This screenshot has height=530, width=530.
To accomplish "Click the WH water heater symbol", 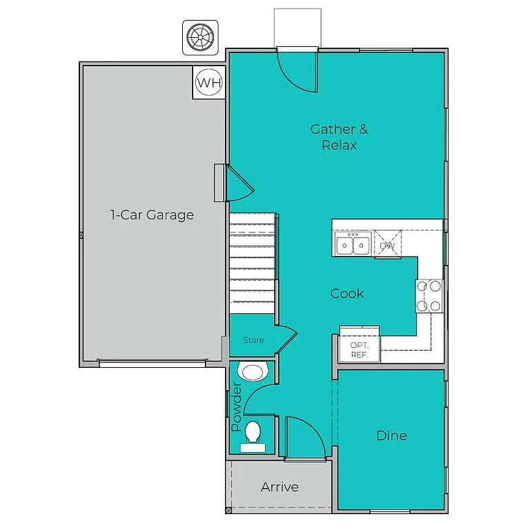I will (x=209, y=84).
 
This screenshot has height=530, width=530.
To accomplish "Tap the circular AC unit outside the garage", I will (x=200, y=37).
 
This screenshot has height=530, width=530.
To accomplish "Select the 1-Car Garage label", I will (x=152, y=215).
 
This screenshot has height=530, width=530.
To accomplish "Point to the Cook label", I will (x=346, y=293).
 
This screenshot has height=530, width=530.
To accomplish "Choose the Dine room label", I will (x=391, y=435).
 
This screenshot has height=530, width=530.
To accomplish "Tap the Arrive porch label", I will (x=279, y=487).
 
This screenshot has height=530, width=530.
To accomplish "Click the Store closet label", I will (x=253, y=340).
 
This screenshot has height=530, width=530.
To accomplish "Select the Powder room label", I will (x=237, y=408).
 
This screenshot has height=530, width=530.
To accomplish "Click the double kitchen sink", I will (x=352, y=244).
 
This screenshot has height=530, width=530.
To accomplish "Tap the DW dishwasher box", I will (x=386, y=246).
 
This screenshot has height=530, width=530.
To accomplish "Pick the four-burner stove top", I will (x=429, y=295).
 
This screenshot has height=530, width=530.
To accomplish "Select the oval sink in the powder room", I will (x=251, y=373).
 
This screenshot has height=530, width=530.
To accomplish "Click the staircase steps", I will (x=253, y=263).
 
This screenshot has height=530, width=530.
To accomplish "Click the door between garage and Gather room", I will (x=239, y=182).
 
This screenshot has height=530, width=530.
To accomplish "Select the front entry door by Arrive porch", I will (x=304, y=438).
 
